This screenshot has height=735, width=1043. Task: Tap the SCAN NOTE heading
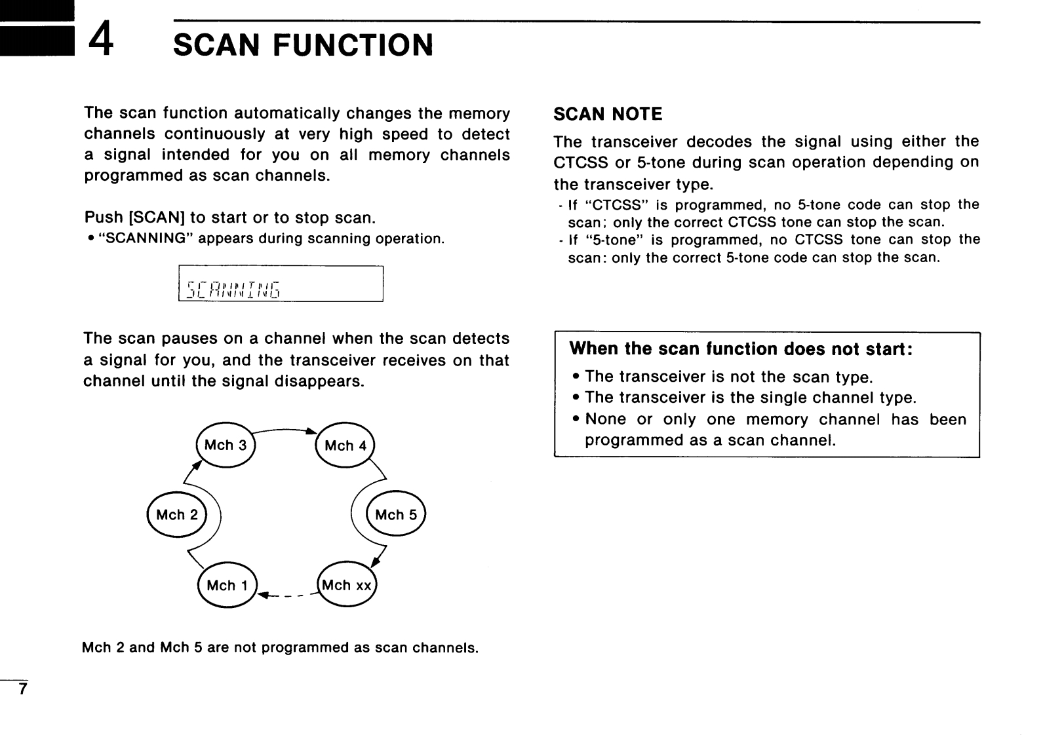pos(608,115)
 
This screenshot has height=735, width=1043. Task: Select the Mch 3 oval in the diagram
pos(226,445)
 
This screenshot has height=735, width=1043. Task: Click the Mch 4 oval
pos(345,446)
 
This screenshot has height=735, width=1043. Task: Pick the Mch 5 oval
pos(396,515)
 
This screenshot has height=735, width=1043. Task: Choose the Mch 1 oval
pos(227,585)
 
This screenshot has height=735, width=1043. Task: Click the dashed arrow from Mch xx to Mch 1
pos(288,595)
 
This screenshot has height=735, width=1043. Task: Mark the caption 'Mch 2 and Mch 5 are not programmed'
pos(280,648)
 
